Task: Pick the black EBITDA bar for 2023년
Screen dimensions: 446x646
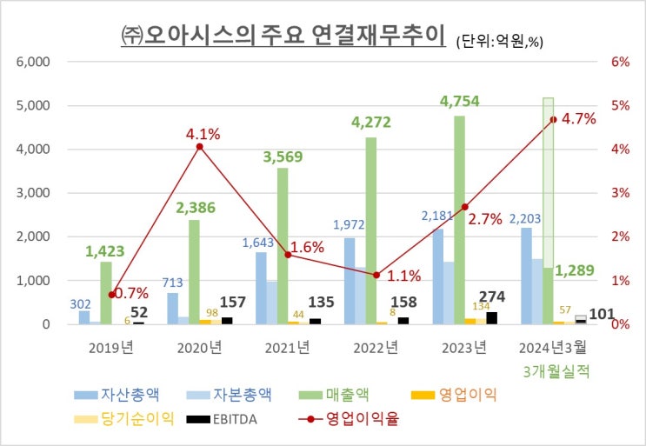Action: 492,318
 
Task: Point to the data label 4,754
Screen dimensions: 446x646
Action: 460,102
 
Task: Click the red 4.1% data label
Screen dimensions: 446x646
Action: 202,135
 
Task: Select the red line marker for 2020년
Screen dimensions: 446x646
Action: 200,147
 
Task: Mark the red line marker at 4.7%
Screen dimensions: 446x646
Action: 552,120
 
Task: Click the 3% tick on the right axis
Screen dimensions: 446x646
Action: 620,193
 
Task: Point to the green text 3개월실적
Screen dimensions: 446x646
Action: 557,371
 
